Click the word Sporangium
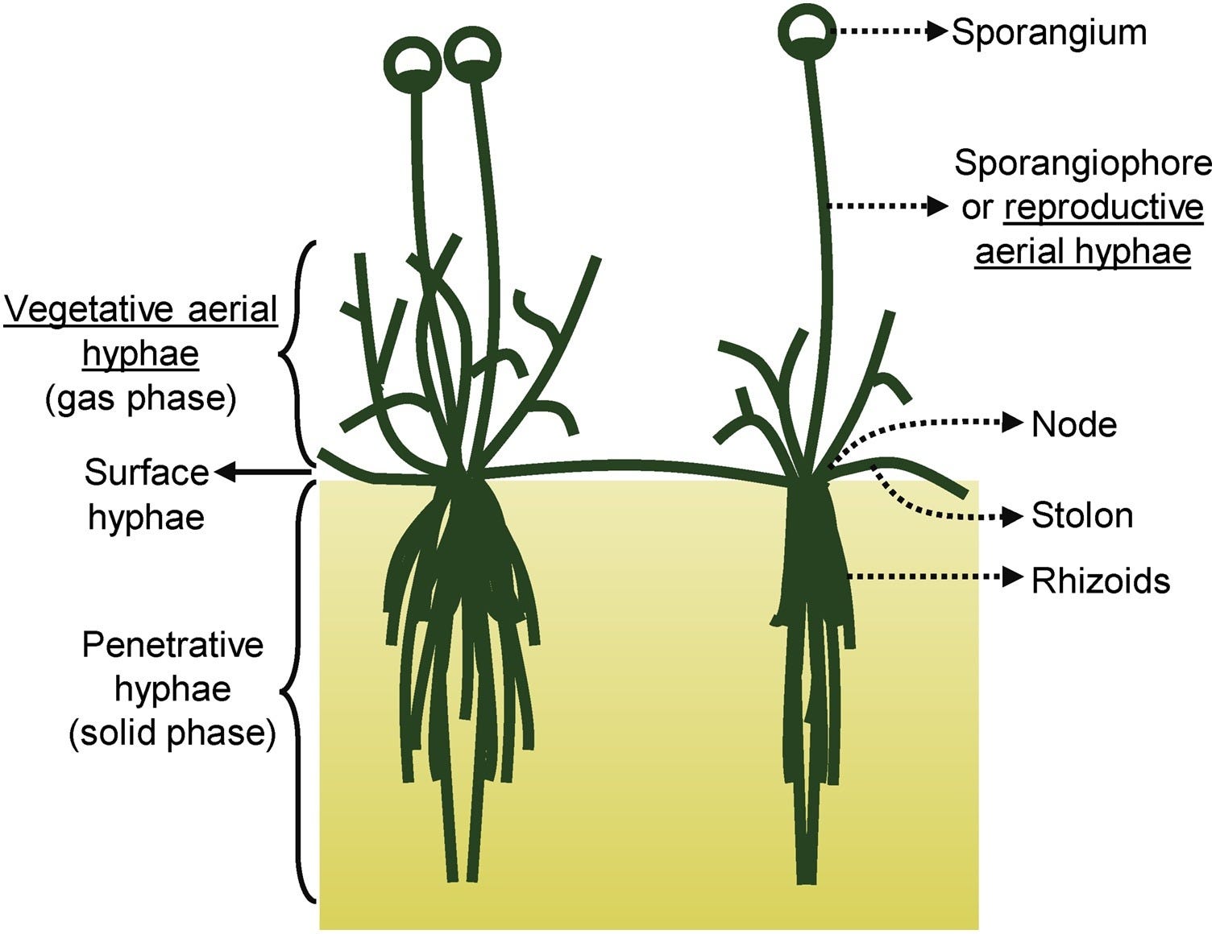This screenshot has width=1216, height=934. pyautogui.click(x=1048, y=33)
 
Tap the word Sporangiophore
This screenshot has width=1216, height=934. pyautogui.click(x=1082, y=163)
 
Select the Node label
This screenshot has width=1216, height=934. pyautogui.click(x=1073, y=424)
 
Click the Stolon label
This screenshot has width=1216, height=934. pyautogui.click(x=1081, y=516)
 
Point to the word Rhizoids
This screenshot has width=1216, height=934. pyautogui.click(x=1100, y=581)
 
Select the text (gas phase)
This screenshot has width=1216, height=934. pyautogui.click(x=141, y=399)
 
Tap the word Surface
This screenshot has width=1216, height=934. pyautogui.click(x=146, y=473)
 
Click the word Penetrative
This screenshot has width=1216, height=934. pyautogui.click(x=172, y=646)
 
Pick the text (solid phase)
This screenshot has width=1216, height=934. pyautogui.click(x=172, y=734)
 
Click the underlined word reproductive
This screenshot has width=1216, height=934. pyautogui.click(x=1104, y=208)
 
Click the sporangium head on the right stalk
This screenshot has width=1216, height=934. pyautogui.click(x=807, y=32)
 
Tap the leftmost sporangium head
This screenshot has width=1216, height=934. pyautogui.click(x=413, y=63)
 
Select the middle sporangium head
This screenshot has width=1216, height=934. pyautogui.click(x=472, y=55)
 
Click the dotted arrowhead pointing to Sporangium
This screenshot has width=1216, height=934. pyautogui.click(x=937, y=31)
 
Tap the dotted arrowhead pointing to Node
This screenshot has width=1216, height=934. pyautogui.click(x=1012, y=421)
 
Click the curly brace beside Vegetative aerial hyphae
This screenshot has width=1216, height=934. pyautogui.click(x=295, y=351)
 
